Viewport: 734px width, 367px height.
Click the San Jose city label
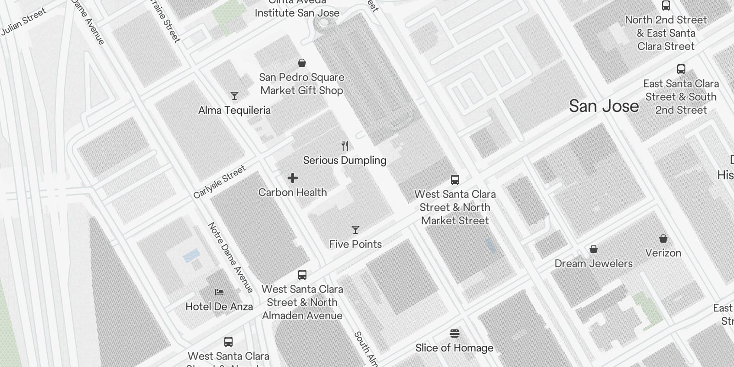[x=604, y=106]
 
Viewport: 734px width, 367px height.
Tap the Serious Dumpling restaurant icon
[x=345, y=146]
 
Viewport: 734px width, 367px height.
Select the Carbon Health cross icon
[x=293, y=178]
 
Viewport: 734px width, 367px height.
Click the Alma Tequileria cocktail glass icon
[x=234, y=96]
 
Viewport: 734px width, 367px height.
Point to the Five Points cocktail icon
[x=356, y=230]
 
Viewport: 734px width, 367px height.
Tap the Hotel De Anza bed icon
[x=219, y=292]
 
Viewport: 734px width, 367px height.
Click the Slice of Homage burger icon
[x=455, y=334]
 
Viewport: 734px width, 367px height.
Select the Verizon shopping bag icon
[x=663, y=239]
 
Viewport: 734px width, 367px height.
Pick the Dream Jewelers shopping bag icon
[x=594, y=249]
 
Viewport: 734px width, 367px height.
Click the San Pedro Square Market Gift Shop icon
[x=302, y=63]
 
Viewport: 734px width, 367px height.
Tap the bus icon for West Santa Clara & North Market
[x=455, y=180]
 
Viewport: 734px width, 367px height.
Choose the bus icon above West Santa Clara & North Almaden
[x=302, y=275]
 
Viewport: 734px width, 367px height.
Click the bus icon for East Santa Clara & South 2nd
[x=681, y=69]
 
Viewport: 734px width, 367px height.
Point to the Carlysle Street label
[x=220, y=182]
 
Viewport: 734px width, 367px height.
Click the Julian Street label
[x=23, y=22]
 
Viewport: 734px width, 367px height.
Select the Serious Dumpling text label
[x=345, y=160]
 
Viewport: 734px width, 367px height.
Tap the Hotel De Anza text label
[x=219, y=306]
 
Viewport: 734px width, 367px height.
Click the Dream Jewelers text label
[x=594, y=263]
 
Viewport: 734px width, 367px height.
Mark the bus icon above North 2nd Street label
[x=666, y=6]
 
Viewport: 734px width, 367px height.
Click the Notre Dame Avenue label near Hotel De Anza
[x=231, y=257]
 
